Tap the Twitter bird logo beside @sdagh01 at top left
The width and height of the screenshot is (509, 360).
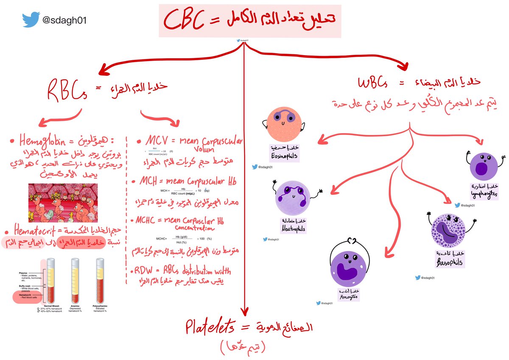32,20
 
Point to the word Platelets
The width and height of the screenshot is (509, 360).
210,328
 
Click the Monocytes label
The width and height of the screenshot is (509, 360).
348,296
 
